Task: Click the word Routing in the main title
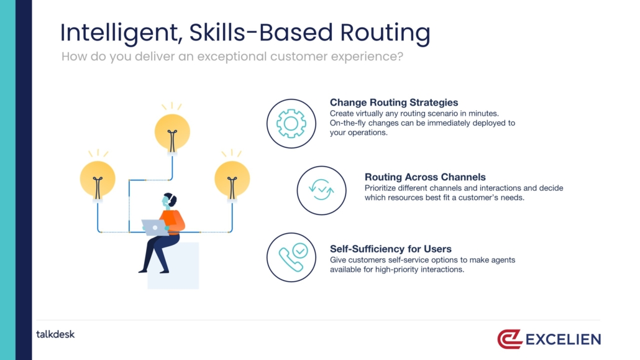click(385, 33)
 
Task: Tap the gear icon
click(291, 123)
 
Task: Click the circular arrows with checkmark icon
click(321, 190)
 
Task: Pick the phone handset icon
click(291, 259)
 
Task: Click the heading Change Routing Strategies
click(394, 103)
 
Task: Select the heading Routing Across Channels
click(425, 177)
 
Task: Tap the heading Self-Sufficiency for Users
click(391, 249)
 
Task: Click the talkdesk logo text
click(55, 335)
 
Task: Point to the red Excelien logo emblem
click(510, 339)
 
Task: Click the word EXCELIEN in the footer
click(564, 339)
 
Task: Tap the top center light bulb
click(172, 133)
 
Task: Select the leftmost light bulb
click(98, 180)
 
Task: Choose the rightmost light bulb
click(232, 180)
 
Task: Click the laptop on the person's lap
click(155, 227)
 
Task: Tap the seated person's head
click(168, 200)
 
